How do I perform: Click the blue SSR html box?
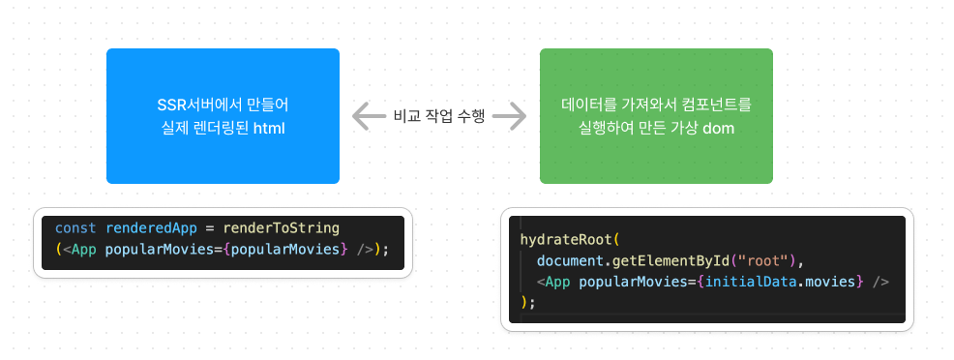tap(223, 116)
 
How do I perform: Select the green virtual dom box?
tap(656, 116)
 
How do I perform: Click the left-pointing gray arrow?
tap(369, 116)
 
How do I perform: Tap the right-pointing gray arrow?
tap(510, 116)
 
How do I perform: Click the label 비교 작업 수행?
tap(438, 116)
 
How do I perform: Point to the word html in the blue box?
tap(269, 129)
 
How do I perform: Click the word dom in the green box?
tap(719, 129)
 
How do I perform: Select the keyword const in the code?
tap(75, 228)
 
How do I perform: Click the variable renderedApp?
tap(152, 228)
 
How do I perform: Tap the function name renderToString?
tap(282, 228)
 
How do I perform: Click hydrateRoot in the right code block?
tap(566, 240)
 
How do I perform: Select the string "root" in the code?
tap(761, 260)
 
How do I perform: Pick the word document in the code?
tap(570, 260)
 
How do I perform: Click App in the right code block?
tap(557, 282)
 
